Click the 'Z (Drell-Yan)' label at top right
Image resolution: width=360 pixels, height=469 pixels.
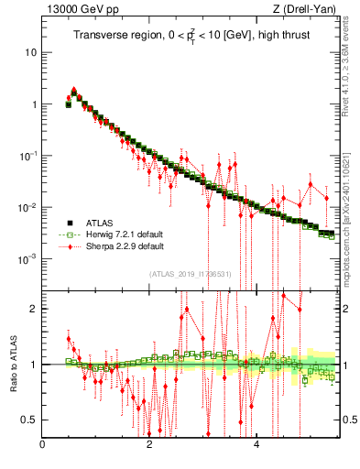tap(308, 10)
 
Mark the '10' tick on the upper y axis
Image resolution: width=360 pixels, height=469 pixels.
tap(31, 52)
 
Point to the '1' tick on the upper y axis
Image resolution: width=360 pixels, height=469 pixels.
tap(34, 104)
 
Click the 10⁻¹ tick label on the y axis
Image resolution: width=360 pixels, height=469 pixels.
tap(29, 156)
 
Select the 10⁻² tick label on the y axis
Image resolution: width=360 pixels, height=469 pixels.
tap(29, 208)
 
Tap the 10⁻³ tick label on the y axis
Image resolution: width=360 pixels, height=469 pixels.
tap(29, 259)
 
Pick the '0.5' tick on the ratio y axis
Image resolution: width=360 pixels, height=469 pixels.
tap(30, 420)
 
